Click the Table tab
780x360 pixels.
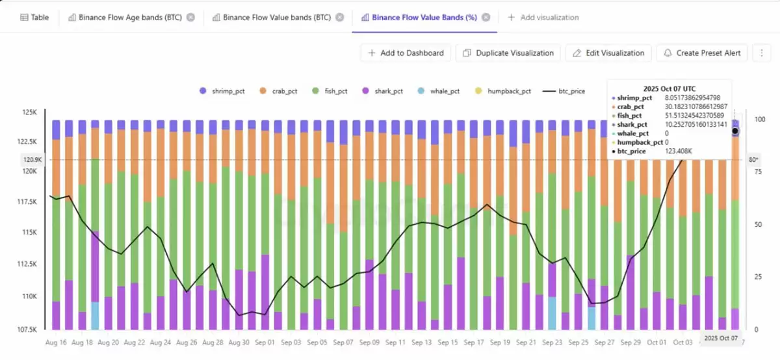pyautogui.click(x=33, y=18)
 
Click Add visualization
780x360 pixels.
pyautogui.click(x=543, y=18)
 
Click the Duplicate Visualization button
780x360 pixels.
pyautogui.click(x=508, y=53)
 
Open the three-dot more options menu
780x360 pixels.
pyautogui.click(x=761, y=53)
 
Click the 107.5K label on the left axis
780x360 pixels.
pyautogui.click(x=27, y=329)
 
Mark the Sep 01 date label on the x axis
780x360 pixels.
pyautogui.click(x=265, y=342)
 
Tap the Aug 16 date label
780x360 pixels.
pyautogui.click(x=56, y=342)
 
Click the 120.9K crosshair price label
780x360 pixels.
pyautogui.click(x=31, y=159)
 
